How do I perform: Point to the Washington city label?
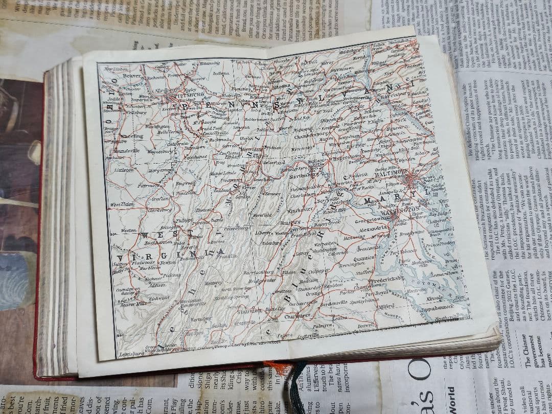click(395, 209)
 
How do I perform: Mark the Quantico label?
click(387, 258)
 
